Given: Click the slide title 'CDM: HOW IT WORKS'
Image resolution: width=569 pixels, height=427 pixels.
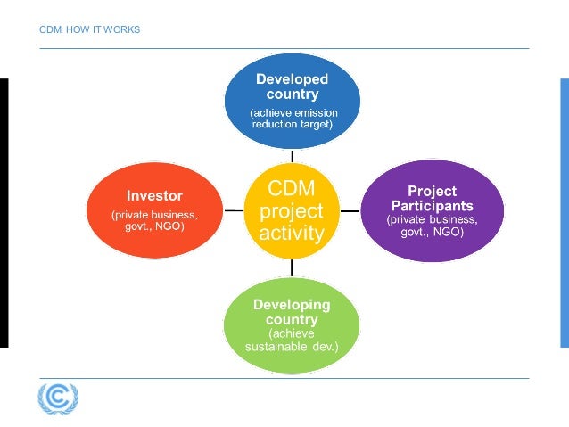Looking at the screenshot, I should (90, 30).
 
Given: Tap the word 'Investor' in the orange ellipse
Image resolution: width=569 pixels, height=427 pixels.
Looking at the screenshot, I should (153, 194).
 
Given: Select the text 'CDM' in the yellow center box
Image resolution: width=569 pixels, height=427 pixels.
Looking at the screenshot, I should (292, 189).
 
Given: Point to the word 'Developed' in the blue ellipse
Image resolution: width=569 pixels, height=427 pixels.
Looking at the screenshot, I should (292, 78).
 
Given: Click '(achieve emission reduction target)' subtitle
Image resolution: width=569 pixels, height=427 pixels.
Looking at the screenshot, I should (292, 118).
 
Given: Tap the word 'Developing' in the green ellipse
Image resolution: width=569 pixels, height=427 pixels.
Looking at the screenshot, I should (292, 305).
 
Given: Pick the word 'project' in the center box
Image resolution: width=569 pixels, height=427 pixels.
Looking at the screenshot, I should (292, 212).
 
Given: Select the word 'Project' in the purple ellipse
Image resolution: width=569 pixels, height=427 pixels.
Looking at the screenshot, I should (432, 191).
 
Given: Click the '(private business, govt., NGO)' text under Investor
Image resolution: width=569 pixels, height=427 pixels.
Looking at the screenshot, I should (153, 220).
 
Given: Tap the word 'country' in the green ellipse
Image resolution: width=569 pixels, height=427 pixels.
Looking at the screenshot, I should (292, 319).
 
